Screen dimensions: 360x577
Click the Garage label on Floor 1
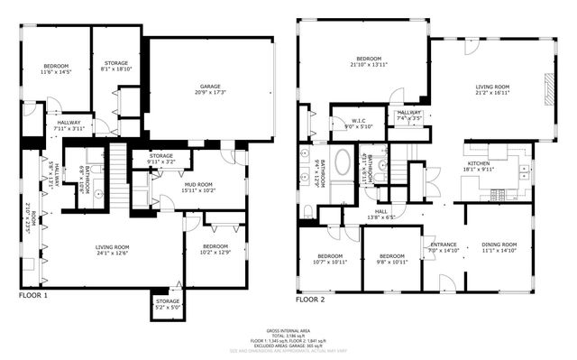pyautogui.click(x=208, y=86)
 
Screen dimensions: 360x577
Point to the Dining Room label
pyautogui.click(x=499, y=244)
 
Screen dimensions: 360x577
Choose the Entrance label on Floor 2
pyautogui.click(x=443, y=244)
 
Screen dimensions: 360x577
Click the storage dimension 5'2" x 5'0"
pyautogui.click(x=168, y=307)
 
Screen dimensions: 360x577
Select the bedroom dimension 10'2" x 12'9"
pyautogui.click(x=215, y=252)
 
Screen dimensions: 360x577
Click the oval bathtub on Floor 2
pyautogui.click(x=343, y=164)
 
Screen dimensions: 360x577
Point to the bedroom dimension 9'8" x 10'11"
pyautogui.click(x=393, y=263)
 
